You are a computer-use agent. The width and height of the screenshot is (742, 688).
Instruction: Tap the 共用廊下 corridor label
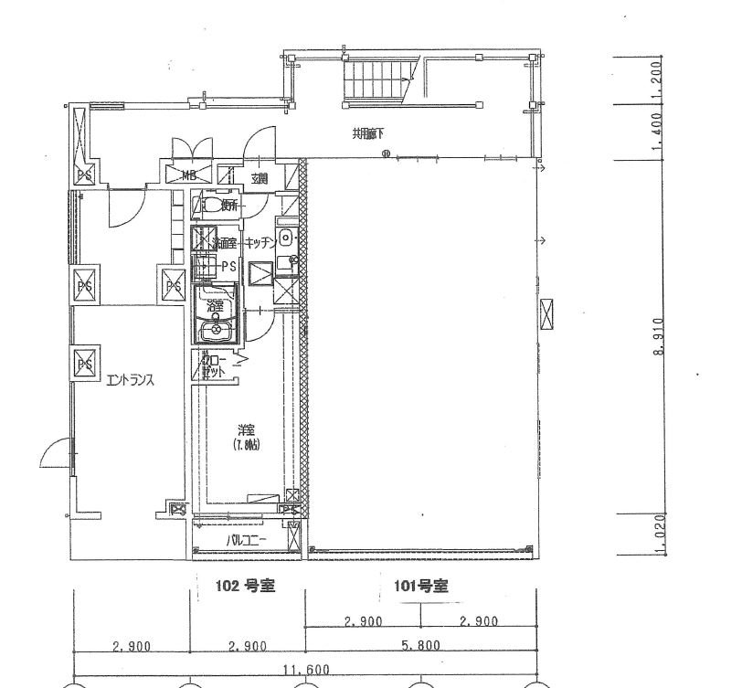(368, 133)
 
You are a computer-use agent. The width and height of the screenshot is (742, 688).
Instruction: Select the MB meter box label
(189, 175)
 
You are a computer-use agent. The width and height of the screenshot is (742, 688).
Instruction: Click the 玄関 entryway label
(260, 177)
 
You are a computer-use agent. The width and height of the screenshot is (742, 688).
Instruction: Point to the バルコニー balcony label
(246, 540)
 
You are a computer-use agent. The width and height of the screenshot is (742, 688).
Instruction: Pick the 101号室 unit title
(420, 587)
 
